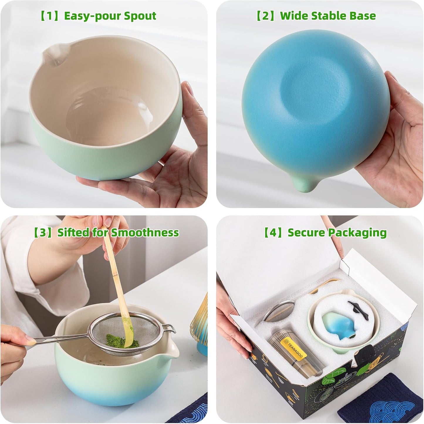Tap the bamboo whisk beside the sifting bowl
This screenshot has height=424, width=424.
(x=200, y=320)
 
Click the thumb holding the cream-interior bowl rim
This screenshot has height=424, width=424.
(x=188, y=94)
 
